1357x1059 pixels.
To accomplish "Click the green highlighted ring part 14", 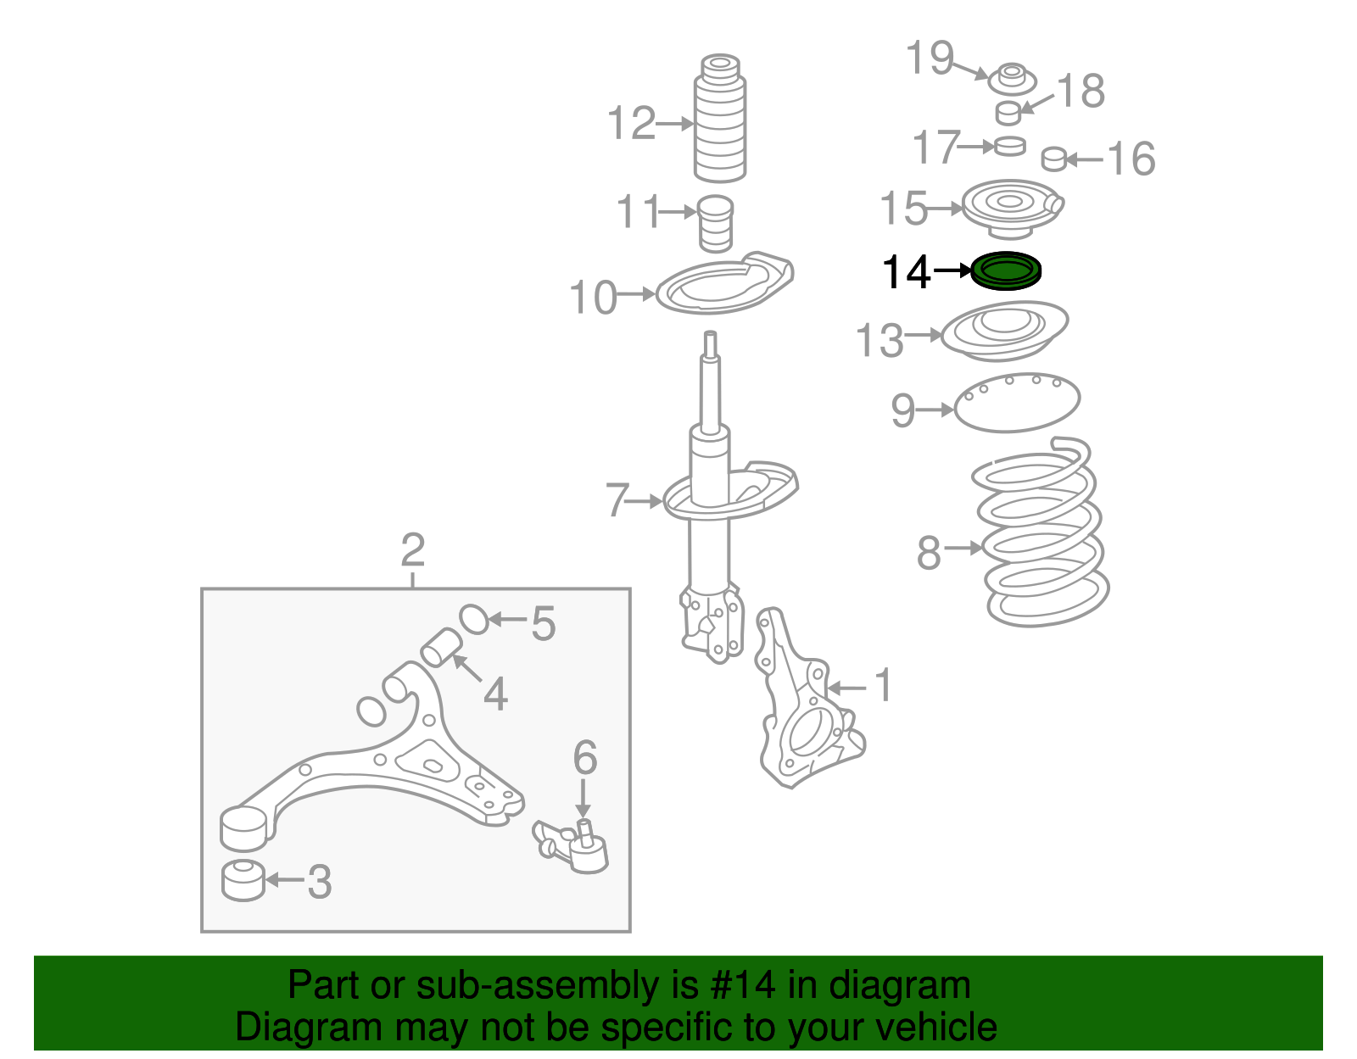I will click(x=1005, y=271).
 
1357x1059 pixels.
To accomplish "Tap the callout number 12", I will click(x=632, y=124).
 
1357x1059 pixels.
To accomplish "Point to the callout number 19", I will click(x=930, y=59).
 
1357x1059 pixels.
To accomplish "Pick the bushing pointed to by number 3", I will click(x=243, y=880).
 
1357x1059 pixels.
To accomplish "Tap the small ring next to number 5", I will click(x=474, y=619).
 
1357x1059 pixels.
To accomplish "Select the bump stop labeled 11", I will click(x=716, y=223).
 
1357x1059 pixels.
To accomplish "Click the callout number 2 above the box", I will click(x=412, y=551).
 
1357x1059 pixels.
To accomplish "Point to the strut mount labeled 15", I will click(x=1011, y=208).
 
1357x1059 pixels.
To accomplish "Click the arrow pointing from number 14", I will click(x=952, y=271).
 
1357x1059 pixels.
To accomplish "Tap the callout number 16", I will click(x=1131, y=159).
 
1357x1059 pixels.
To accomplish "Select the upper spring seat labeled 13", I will click(x=1005, y=331).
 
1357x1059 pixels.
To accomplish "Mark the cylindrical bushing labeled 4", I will click(x=441, y=648).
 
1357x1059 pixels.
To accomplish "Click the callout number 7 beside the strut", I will click(x=617, y=500).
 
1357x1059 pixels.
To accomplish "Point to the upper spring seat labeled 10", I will click(x=725, y=287).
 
